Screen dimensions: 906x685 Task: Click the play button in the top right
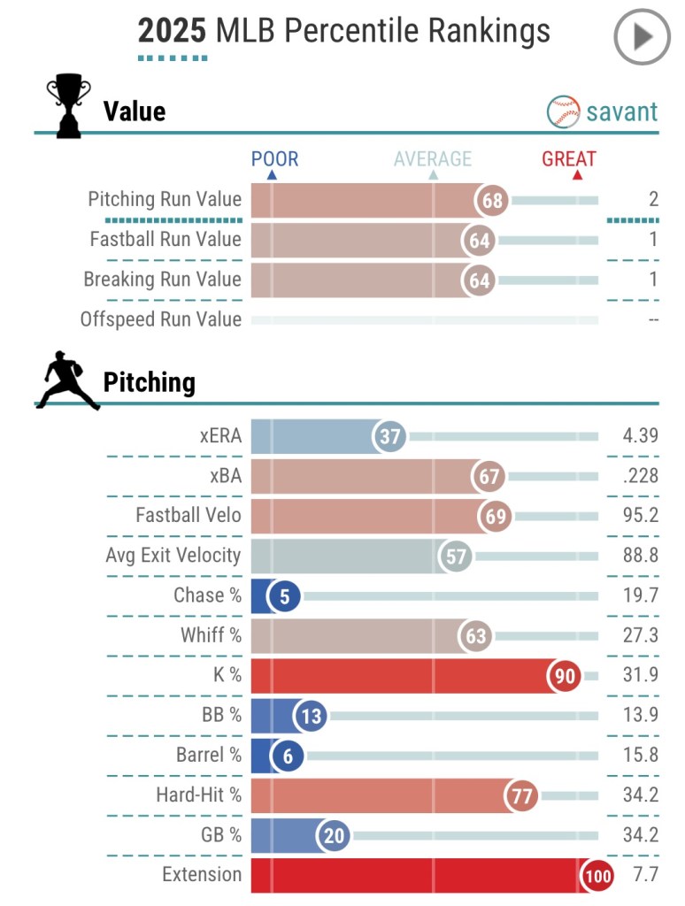click(x=643, y=36)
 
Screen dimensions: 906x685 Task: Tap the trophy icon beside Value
click(x=68, y=106)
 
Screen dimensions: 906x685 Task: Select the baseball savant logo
click(x=603, y=111)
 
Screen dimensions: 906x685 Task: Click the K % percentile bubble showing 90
click(x=565, y=677)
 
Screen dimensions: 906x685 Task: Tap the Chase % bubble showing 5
click(x=284, y=596)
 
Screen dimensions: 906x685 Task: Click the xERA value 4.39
click(x=641, y=436)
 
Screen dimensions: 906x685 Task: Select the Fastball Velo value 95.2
click(x=641, y=516)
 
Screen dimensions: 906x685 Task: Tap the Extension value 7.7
click(x=647, y=875)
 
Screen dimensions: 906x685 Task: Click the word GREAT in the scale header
click(x=569, y=159)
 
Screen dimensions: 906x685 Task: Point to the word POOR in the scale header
click(x=274, y=159)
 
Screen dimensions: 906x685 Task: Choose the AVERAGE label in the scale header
click(x=433, y=159)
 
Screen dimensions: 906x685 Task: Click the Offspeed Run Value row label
click(x=160, y=319)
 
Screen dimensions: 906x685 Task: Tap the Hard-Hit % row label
click(x=198, y=795)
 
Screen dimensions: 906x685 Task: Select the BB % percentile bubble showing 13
click(x=311, y=716)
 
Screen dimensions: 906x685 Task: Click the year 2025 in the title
click(x=172, y=33)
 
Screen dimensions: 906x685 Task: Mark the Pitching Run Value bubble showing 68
click(x=492, y=200)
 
